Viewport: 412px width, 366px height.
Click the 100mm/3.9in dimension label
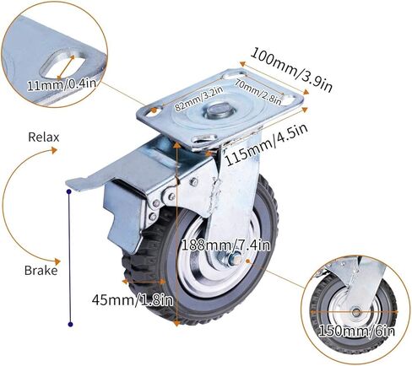(291, 69)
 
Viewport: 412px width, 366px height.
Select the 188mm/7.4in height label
(226, 245)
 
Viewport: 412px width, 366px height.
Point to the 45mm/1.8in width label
(133, 300)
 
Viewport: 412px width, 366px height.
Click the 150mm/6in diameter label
(356, 331)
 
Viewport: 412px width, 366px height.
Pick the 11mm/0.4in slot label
(62, 83)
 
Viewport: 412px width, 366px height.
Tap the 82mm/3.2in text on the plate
(198, 99)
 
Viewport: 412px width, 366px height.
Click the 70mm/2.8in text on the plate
(258, 92)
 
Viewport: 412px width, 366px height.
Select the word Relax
(44, 137)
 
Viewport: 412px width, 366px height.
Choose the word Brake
(41, 271)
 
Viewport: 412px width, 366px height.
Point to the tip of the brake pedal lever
(68, 184)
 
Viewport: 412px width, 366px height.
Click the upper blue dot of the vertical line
(68, 191)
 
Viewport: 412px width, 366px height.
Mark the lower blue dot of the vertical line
(70, 325)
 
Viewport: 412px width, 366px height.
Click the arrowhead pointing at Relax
(54, 151)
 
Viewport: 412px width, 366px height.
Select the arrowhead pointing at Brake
(57, 261)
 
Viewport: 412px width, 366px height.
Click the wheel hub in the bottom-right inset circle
(355, 312)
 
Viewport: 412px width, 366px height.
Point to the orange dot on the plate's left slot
(154, 110)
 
